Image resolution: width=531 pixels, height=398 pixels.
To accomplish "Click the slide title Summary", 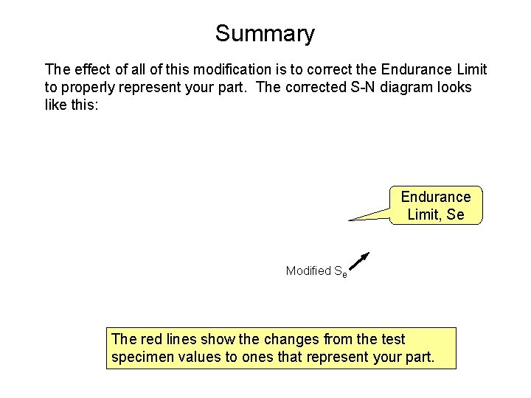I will (265, 34).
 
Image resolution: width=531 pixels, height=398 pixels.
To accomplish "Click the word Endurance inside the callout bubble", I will (436, 197).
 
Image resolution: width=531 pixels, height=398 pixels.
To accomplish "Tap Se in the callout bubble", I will (456, 214).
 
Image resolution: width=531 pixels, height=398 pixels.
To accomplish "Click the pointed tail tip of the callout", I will (350, 220).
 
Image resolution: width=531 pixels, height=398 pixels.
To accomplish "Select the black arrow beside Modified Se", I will (359, 262).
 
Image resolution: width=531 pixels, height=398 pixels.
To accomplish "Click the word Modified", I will (308, 270).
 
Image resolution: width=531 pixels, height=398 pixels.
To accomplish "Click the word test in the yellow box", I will (393, 340).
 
